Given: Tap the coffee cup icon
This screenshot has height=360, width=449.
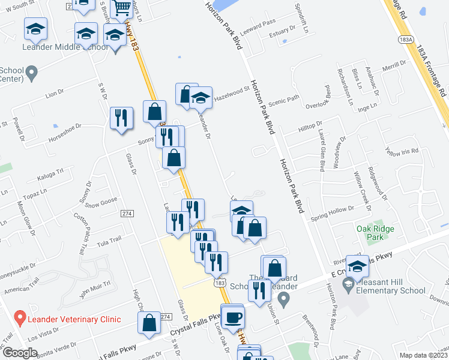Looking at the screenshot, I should pos(233,316).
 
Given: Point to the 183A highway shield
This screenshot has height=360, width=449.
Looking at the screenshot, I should pos(405,38).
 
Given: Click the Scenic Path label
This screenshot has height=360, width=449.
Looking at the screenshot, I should pos(284,100).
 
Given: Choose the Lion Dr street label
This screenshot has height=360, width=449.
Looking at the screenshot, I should pos(54,93).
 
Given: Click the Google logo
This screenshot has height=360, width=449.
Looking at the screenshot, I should pos(20,353).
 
